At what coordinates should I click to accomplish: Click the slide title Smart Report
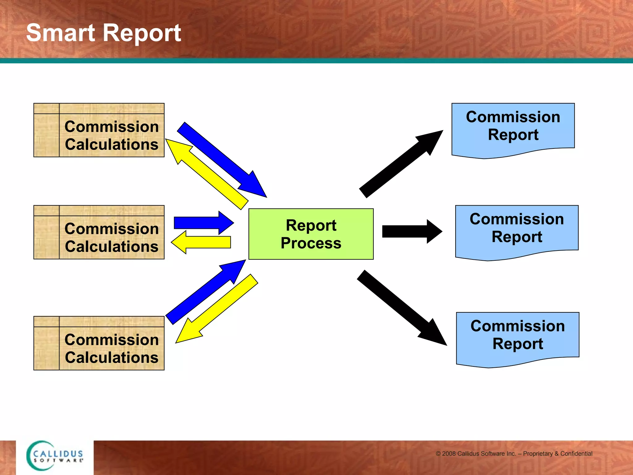(x=104, y=33)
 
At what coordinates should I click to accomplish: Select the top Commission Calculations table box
(x=99, y=130)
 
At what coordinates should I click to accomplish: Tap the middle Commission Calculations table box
(x=99, y=232)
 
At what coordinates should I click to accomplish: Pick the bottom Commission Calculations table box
(x=99, y=343)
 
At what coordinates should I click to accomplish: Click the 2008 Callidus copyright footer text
(x=514, y=454)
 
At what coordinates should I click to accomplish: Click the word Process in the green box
(x=311, y=243)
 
